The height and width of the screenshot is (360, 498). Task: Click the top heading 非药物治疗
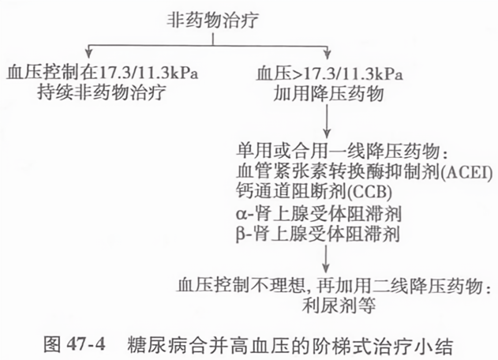pos(212,20)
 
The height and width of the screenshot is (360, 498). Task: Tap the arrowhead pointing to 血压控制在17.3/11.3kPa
pos(89,53)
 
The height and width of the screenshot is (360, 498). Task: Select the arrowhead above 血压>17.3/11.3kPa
pos(327,53)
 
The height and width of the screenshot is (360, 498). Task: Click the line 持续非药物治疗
pos(102,93)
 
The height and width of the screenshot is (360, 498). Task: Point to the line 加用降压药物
pos(329,93)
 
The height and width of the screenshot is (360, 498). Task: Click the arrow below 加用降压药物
pos(327,121)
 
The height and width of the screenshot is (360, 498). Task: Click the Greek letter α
pos(240,214)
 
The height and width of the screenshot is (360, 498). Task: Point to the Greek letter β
pos(240,234)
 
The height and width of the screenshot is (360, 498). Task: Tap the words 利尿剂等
pos(339,305)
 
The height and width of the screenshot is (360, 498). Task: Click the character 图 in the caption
pos(52,345)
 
